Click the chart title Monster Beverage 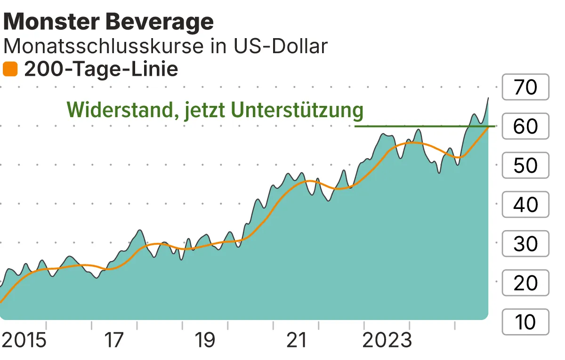(x=109, y=22)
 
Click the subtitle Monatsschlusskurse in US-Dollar (x=165, y=46)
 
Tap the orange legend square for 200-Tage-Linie (x=10, y=70)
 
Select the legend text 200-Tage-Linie (x=101, y=70)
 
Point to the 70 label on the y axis (x=525, y=87)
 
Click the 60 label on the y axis (x=525, y=126)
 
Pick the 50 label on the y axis (x=525, y=165)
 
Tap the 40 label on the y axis (x=525, y=204)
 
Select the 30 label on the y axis (x=525, y=244)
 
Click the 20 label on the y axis (x=525, y=283)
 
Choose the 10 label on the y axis (x=525, y=322)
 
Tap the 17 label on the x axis (x=114, y=340)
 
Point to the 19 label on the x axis (x=205, y=340)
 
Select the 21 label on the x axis (x=296, y=340)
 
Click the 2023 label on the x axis (x=387, y=340)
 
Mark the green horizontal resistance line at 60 (x=424, y=126)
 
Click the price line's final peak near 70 (x=488, y=98)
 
